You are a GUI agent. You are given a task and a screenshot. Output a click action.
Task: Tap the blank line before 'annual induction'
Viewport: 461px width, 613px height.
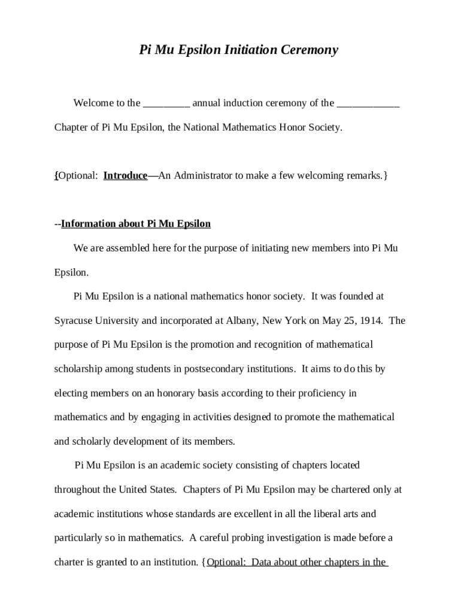[166, 104]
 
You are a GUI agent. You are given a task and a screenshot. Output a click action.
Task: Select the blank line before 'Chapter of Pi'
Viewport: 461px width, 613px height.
[368, 104]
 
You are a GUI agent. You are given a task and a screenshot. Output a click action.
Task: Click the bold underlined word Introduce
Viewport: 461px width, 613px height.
[125, 175]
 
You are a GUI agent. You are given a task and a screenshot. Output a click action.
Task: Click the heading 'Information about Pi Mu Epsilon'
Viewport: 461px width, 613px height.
[136, 224]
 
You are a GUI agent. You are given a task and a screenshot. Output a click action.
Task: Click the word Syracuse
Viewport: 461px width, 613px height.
[74, 320]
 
